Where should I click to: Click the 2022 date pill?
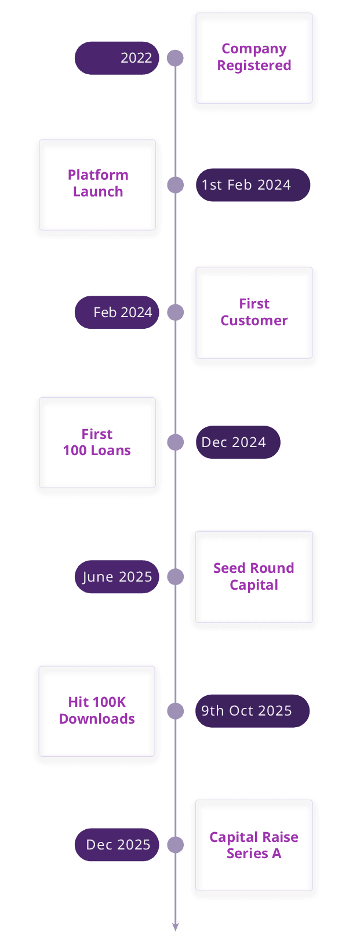pos(117,58)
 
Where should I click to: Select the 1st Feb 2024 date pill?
pos(253,185)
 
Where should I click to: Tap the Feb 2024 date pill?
pos(117,312)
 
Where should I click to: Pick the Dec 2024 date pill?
pos(238,442)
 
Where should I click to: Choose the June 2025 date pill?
pos(117,577)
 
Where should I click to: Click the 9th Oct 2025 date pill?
pos(252,711)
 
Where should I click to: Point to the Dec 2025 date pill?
pos(117,845)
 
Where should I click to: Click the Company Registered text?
pos(254,57)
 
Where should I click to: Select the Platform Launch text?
pos(98,183)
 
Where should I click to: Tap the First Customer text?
pos(254,312)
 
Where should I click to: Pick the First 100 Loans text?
pos(97,442)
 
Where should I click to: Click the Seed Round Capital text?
pos(254,576)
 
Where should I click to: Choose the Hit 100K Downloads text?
pos(97,710)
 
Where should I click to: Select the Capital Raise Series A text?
pos(254,845)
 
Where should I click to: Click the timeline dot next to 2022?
pos(175,58)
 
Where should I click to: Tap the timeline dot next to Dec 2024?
pos(175,442)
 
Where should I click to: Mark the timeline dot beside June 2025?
pos(175,577)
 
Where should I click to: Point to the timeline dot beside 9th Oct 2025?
pos(175,711)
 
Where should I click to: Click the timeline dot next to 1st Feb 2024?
pos(175,185)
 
